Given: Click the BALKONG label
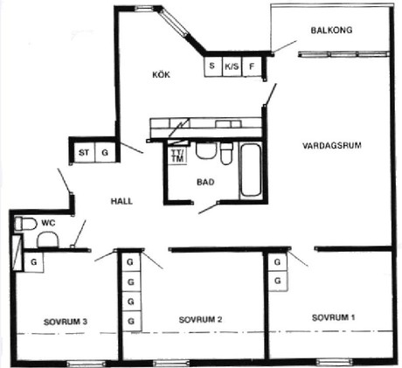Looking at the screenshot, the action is point(331,30).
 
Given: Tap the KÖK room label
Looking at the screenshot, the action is point(161,74).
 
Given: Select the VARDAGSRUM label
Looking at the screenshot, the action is point(332,145).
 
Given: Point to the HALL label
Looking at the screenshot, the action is point(121,201).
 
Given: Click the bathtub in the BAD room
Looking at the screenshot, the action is point(250,170).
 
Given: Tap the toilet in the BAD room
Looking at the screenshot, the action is point(226,153).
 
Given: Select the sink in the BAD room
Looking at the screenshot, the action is point(206,150).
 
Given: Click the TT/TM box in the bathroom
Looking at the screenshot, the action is point(177,155).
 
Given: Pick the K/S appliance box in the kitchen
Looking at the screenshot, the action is point(232,66).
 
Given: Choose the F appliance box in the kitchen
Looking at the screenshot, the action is point(252,66).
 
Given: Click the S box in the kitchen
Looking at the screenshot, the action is point(213,66).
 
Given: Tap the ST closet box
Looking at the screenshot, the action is point(85,152).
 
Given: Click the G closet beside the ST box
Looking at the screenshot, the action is point(105,152).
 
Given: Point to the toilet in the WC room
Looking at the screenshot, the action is point(25,224).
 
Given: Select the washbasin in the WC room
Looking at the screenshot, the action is point(48,240).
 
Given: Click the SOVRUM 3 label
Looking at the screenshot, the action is point(66,322).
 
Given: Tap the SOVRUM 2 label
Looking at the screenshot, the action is point(200,320).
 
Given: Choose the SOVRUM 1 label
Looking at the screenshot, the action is point(334,317).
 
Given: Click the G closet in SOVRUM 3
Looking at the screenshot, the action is point(34,262).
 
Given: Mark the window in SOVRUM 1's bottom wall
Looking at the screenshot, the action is point(335,362).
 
